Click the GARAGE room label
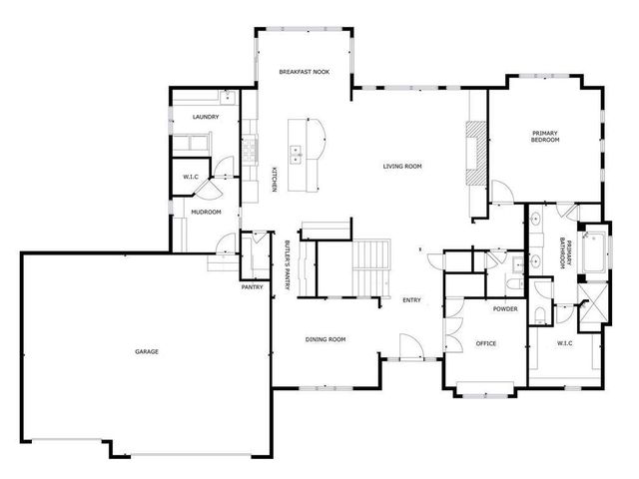148,351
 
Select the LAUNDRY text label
205,118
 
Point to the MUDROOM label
206,212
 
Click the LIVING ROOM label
403,166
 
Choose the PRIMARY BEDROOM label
544,137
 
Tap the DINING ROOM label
325,340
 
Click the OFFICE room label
486,343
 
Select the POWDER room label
504,308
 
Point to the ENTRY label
411,300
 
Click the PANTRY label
252,288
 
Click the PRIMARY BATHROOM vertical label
564,250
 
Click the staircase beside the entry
371,266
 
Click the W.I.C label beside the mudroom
190,178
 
